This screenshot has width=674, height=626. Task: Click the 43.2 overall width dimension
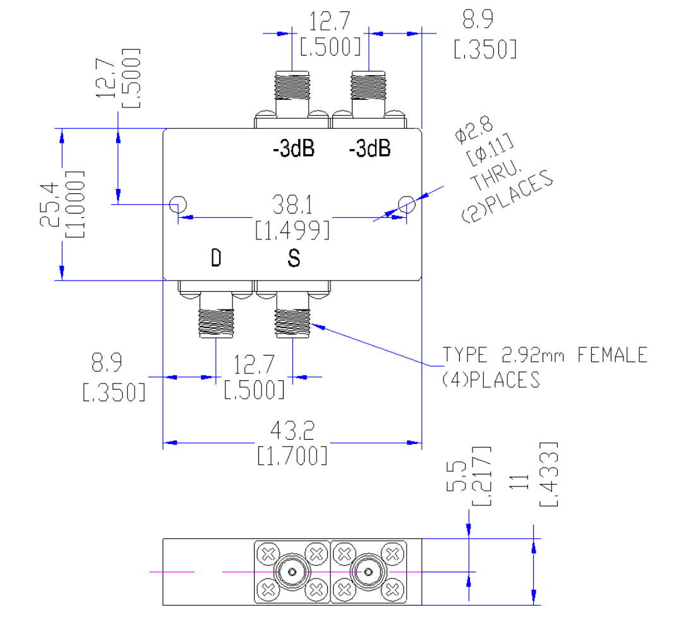pyautogui.click(x=292, y=430)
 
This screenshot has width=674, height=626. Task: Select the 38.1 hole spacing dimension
pyautogui.click(x=292, y=205)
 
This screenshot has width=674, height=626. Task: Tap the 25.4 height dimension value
pyautogui.click(x=49, y=204)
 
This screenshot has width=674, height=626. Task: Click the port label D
pyautogui.click(x=216, y=258)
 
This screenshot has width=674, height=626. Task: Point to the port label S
pyautogui.click(x=294, y=258)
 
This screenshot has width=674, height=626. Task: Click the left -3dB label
pyautogui.click(x=294, y=148)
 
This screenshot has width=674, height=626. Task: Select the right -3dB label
pyautogui.click(x=370, y=148)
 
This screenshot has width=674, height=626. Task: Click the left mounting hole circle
pyautogui.click(x=178, y=204)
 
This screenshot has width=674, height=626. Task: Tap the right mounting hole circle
pyautogui.click(x=407, y=204)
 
